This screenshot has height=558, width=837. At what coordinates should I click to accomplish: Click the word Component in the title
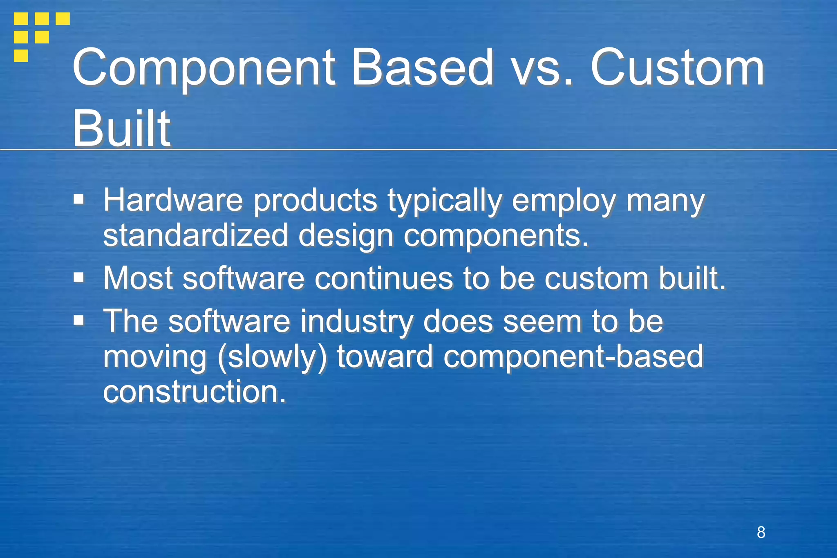(x=204, y=68)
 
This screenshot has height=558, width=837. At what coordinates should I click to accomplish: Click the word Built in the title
(x=121, y=128)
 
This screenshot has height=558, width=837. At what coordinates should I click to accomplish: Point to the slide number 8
(x=761, y=532)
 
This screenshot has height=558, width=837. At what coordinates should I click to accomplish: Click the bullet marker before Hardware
(x=78, y=200)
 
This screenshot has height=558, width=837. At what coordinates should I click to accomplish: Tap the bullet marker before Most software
(x=78, y=278)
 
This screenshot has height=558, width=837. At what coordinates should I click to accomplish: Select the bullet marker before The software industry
(x=78, y=320)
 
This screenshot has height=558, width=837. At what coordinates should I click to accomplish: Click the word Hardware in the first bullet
(x=173, y=200)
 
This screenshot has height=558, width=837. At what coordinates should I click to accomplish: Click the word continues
(x=383, y=278)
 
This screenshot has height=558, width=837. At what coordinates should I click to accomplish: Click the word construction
(x=194, y=392)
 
